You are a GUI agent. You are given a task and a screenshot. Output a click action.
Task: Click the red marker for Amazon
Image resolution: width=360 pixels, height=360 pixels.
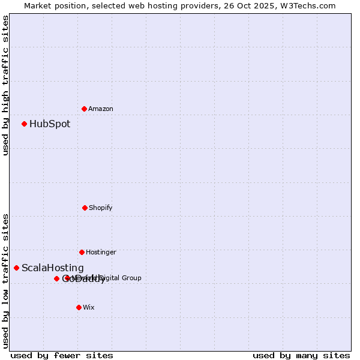pyautogui.click(x=84, y=109)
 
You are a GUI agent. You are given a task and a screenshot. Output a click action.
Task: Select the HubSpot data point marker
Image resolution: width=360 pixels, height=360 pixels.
pyautogui.click(x=24, y=124)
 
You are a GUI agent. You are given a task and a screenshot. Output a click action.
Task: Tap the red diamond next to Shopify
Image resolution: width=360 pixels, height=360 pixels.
pyautogui.click(x=85, y=208)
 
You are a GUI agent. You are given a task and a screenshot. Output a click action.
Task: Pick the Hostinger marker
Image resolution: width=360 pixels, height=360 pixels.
pyautogui.click(x=82, y=252)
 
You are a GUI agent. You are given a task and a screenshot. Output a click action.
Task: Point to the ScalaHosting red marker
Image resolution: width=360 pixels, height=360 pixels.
pyautogui.click(x=16, y=268)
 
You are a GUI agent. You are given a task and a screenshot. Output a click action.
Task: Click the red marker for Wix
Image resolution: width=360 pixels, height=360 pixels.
pyautogui.click(x=79, y=307)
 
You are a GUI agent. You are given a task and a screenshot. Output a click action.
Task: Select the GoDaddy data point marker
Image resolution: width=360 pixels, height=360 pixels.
pyautogui.click(x=56, y=278)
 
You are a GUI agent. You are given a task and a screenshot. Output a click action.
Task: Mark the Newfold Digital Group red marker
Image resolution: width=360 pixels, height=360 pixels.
pyautogui.click(x=67, y=278)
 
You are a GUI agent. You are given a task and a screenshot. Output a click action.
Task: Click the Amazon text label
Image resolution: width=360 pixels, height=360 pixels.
pyautogui.click(x=101, y=109)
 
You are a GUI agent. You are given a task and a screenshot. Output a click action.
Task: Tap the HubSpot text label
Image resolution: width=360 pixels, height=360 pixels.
pyautogui.click(x=50, y=124)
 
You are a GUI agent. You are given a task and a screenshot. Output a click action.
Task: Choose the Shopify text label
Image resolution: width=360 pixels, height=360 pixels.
pyautogui.click(x=101, y=208)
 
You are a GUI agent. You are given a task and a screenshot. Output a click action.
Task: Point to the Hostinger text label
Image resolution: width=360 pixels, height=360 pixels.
pyautogui.click(x=101, y=252)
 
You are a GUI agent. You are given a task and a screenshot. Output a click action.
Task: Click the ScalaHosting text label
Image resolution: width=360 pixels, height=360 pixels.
pyautogui.click(x=53, y=268)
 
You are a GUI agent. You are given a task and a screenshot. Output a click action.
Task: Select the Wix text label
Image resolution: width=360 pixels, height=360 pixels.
pyautogui.click(x=89, y=307)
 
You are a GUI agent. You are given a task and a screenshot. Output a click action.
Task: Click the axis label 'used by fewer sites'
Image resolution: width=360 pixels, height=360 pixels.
pyautogui.click(x=62, y=355)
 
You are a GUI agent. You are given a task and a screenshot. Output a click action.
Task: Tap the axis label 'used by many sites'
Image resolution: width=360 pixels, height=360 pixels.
pyautogui.click(x=301, y=355)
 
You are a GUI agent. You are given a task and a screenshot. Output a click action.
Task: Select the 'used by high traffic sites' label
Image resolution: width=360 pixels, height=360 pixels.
pyautogui.click(x=5, y=85)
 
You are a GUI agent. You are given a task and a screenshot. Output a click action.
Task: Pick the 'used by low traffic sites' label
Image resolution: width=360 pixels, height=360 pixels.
pyautogui.click(x=5, y=281)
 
